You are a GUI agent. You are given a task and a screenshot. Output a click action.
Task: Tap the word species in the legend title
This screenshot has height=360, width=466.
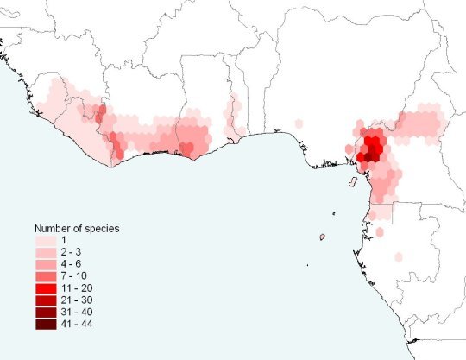pos(102,228)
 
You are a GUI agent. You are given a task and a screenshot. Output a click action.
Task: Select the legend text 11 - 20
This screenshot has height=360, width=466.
pos(78,287)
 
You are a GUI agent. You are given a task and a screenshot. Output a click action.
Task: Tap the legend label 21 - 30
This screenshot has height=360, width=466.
pos(78,300)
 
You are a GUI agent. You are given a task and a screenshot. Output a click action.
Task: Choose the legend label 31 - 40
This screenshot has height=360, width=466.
pos(78,312)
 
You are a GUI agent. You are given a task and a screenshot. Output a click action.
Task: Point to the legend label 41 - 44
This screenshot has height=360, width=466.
pos(78,324)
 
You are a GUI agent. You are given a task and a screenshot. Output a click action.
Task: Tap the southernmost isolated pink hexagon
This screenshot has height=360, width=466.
pos(400,256)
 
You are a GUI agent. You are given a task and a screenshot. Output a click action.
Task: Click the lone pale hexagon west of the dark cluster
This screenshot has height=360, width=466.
pos(299,123)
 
